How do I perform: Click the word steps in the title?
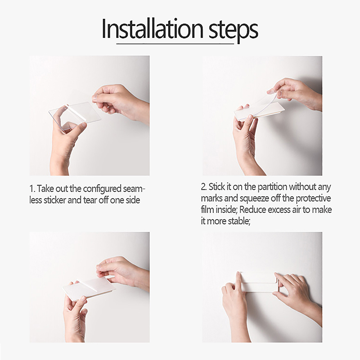pyautogui.click(x=233, y=31)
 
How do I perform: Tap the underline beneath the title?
pyautogui.click(x=175, y=43)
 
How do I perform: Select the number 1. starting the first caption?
pyautogui.click(x=32, y=189)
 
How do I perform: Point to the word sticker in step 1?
pyautogui.click(x=54, y=200)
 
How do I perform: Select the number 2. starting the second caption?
pyautogui.click(x=204, y=187)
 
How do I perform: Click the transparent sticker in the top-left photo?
pyautogui.click(x=75, y=116)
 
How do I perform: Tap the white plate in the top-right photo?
pyautogui.click(x=259, y=111)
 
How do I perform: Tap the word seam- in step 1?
pyautogui.click(x=134, y=189)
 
